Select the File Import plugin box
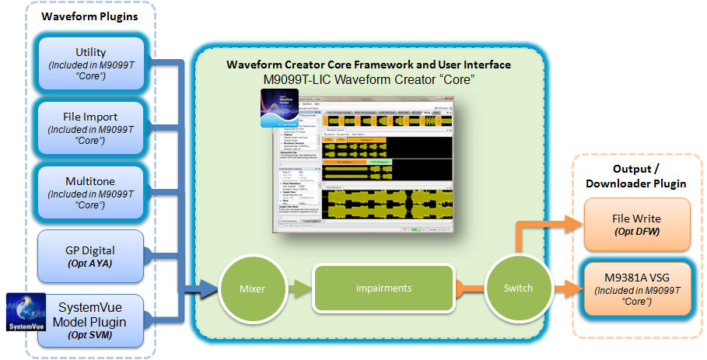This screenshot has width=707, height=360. [92, 128]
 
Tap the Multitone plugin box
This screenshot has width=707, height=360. [92, 192]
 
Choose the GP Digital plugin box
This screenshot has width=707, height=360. [92, 255]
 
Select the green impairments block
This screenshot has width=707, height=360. [383, 288]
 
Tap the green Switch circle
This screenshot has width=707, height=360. [518, 288]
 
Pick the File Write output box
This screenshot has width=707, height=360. [635, 224]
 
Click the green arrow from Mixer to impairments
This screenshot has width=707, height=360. [300, 288]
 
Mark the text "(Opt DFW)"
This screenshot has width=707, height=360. [635, 232]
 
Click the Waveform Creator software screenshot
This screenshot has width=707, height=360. [366, 163]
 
